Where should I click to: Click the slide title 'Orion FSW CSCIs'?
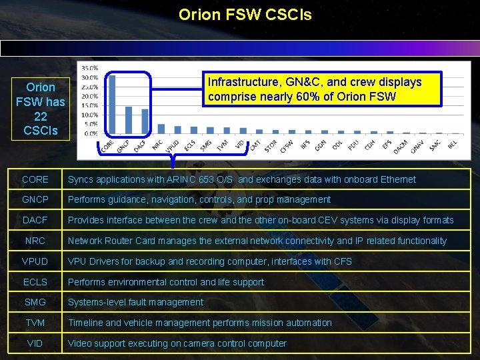[x=245, y=14]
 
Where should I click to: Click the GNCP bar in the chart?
[x=129, y=120]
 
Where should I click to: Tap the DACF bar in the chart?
[x=145, y=121]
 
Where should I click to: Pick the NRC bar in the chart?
[x=161, y=129]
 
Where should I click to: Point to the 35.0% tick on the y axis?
[x=89, y=68]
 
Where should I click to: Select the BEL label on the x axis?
[x=453, y=143]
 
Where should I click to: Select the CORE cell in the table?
[x=35, y=179]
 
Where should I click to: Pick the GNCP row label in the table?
[x=35, y=199]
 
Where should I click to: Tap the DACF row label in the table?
[x=35, y=220]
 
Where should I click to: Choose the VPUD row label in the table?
[x=35, y=261]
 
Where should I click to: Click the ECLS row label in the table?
[x=35, y=282]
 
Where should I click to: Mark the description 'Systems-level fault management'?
[x=135, y=302]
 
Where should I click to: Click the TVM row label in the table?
[x=35, y=323]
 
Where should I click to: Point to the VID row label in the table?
[x=35, y=343]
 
